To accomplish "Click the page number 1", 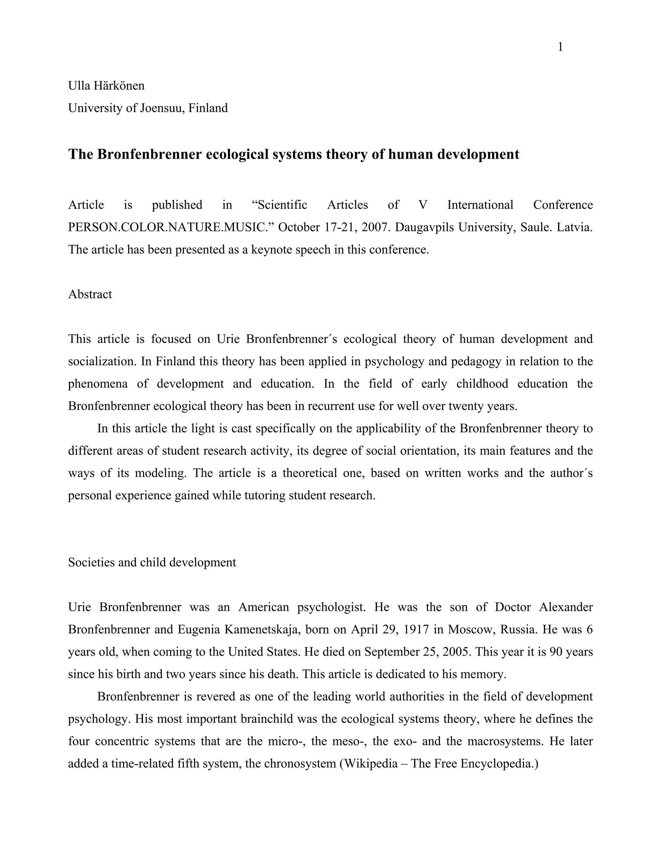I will (x=560, y=47).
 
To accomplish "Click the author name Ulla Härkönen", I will (x=106, y=85).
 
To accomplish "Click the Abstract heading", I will (x=90, y=294).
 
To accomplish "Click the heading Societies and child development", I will (x=152, y=562).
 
